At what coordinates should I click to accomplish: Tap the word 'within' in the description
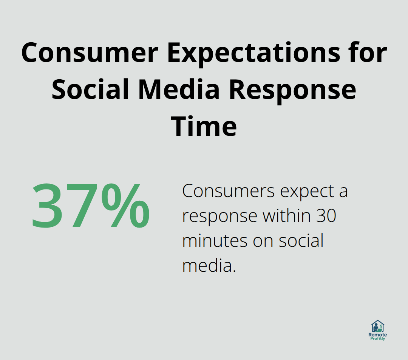[287, 216]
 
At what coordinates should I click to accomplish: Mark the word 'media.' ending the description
[209, 265]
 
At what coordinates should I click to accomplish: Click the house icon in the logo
[377, 326]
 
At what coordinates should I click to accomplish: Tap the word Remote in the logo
[377, 335]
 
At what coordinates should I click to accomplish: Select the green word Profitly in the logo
[377, 339]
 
